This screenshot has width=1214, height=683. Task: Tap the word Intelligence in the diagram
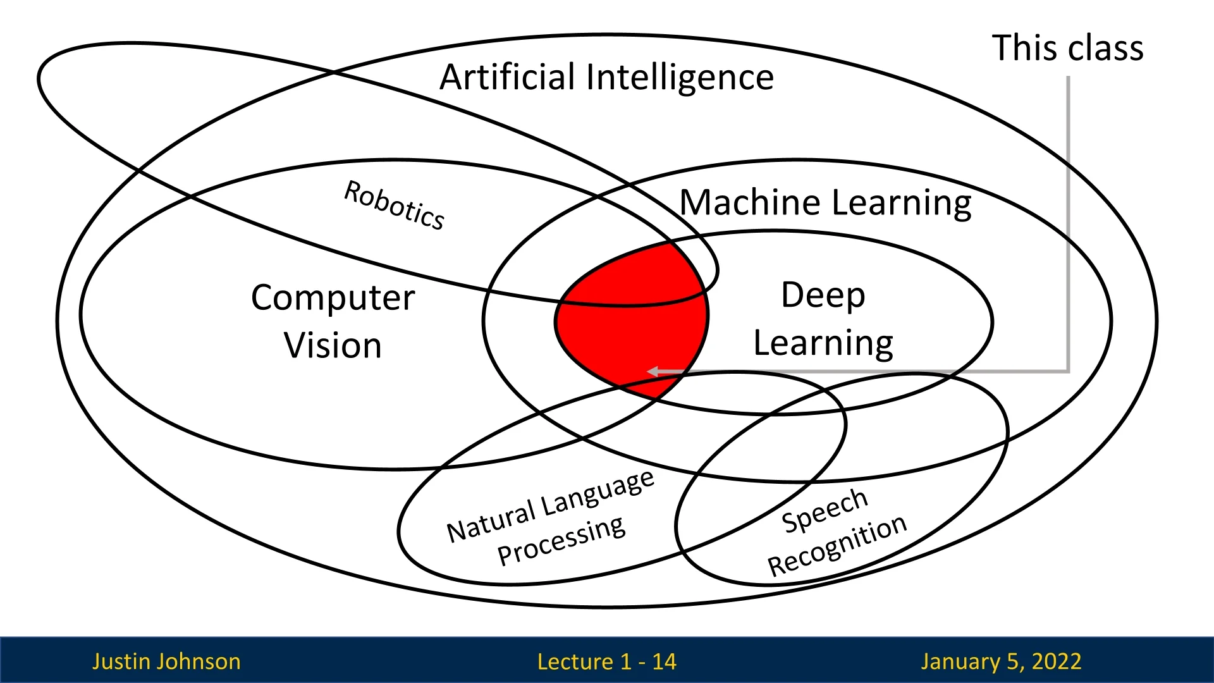(680, 78)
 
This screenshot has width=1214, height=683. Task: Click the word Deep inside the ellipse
(823, 295)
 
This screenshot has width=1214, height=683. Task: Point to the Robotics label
(395, 205)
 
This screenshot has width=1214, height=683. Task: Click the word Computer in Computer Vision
(333, 297)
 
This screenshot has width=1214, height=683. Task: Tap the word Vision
(333, 345)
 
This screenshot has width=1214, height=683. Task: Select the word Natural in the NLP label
(491, 522)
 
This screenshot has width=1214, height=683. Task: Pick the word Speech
(825, 510)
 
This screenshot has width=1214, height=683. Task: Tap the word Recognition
(837, 546)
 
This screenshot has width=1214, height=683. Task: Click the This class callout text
(1067, 48)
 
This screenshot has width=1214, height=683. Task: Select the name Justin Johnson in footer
(166, 661)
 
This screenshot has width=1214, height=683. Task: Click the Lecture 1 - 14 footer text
(606, 661)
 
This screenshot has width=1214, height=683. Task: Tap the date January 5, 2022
(1001, 661)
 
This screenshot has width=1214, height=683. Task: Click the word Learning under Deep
(823, 343)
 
